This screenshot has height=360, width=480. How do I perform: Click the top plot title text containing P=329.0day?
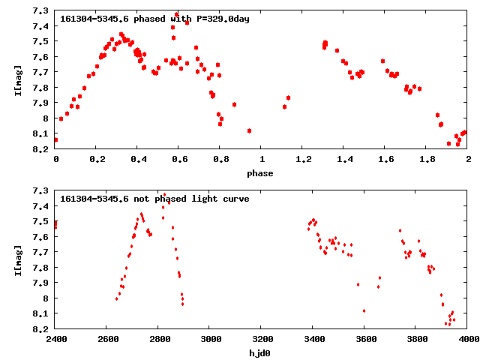point(154,19)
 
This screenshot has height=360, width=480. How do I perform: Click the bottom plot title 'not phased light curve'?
point(154,199)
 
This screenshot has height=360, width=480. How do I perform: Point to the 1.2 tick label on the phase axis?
point(303,160)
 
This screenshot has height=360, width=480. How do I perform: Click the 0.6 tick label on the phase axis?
point(179,160)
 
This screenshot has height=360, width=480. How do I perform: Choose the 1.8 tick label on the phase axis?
point(427,160)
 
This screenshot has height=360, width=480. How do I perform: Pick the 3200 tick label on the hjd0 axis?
point(261,339)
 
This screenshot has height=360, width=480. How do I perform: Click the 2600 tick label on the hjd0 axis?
point(107,339)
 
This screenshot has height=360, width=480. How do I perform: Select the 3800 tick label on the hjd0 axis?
point(415,339)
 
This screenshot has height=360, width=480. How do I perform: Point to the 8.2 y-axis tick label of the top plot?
point(42,149)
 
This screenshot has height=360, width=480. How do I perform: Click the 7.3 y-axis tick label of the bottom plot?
point(42,190)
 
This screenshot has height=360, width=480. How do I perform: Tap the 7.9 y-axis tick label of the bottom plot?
point(42,283)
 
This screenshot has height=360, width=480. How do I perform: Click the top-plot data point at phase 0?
point(55,139)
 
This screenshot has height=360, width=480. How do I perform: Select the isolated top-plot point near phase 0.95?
point(249,130)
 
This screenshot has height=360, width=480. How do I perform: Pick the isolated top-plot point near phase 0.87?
point(235,104)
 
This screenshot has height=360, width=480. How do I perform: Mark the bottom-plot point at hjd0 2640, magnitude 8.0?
point(117,298)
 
